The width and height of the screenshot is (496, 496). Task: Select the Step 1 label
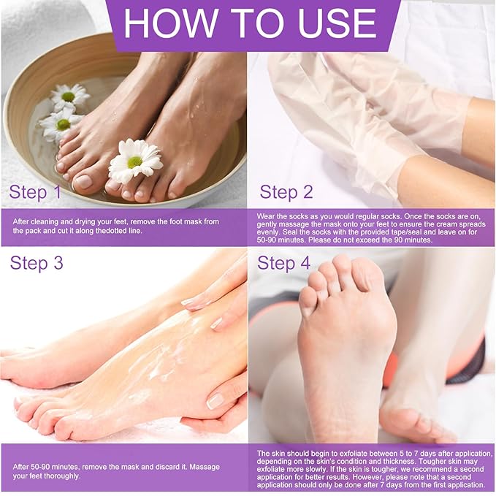35,192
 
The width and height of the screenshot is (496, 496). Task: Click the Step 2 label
286,192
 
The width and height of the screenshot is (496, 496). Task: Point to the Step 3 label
37,263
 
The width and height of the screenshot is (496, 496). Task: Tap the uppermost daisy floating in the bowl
70,96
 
